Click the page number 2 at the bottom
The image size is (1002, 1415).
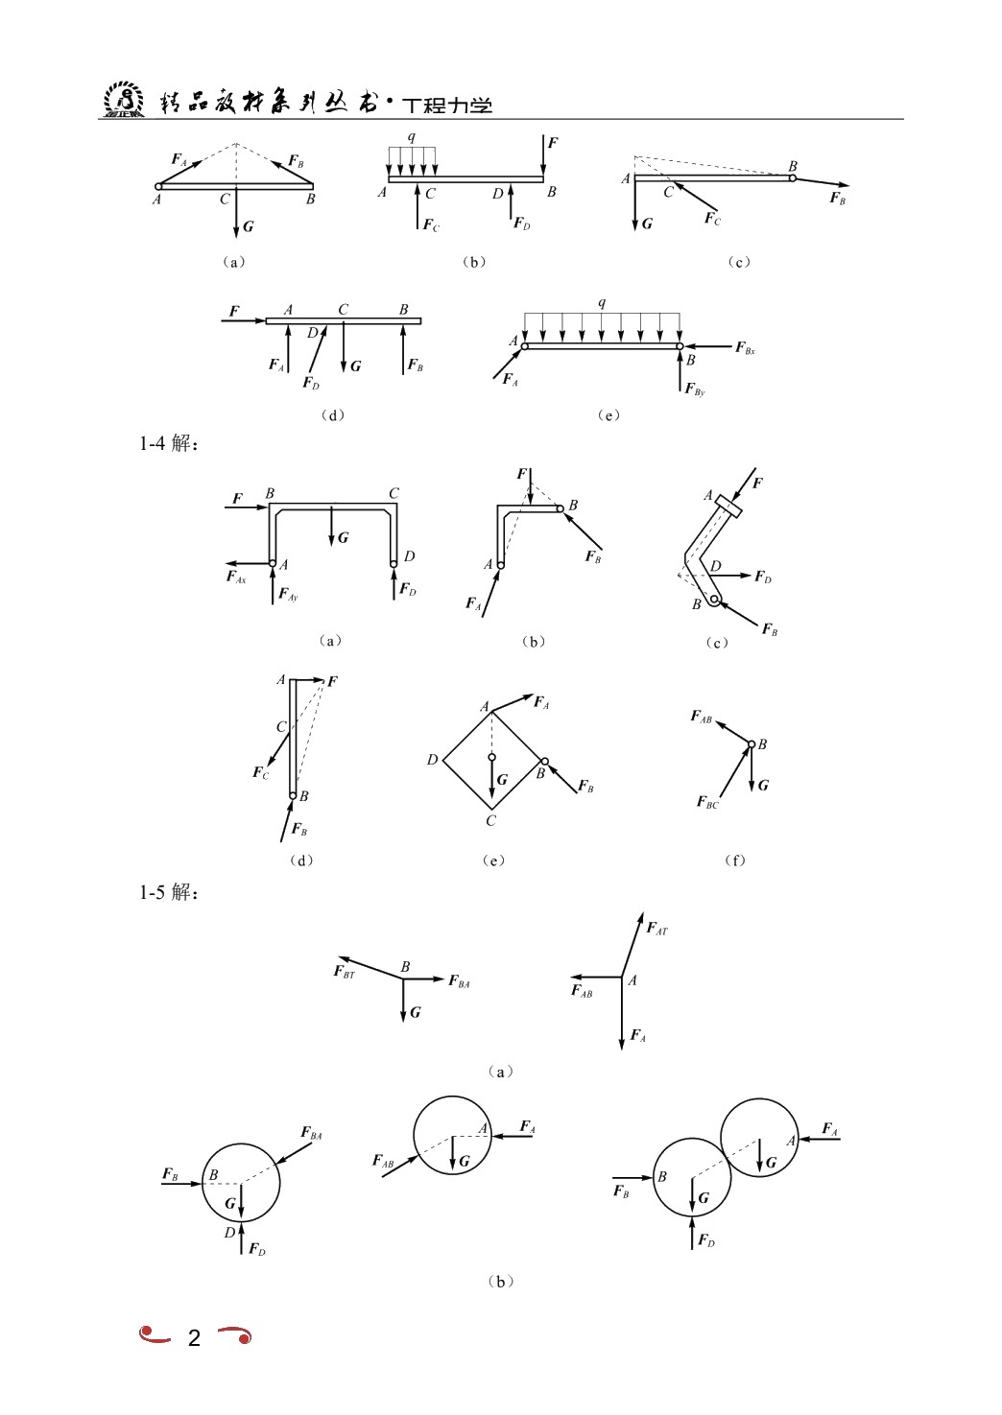(194, 1336)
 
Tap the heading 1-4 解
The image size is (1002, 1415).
(169, 443)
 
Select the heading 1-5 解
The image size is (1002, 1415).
(169, 892)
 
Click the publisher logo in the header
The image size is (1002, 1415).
(124, 99)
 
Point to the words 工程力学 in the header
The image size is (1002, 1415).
(446, 106)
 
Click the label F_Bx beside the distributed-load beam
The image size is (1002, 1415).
(745, 348)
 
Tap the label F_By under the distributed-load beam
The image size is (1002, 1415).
(695, 389)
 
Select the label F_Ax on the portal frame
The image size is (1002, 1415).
(236, 577)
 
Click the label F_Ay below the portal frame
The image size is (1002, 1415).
(288, 595)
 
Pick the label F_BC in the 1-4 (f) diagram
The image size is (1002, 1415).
(707, 802)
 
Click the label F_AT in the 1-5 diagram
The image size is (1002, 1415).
(656, 928)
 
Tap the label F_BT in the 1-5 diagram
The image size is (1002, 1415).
(344, 972)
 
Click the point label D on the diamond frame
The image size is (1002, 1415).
(433, 759)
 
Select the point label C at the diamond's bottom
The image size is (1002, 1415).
(491, 820)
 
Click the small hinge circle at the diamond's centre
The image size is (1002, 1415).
(491, 757)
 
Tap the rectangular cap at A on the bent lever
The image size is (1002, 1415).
(728, 507)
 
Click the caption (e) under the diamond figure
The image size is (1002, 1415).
(493, 861)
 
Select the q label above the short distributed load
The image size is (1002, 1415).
(412, 136)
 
